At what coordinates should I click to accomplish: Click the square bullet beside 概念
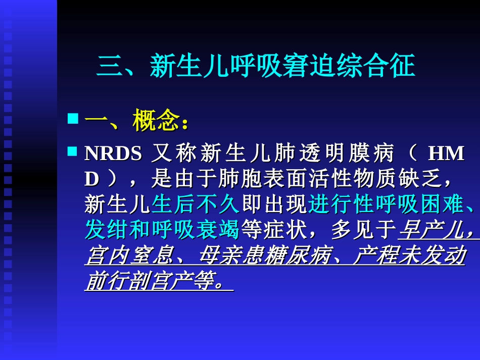(x=73, y=119)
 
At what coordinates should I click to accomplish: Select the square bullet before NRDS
(x=73, y=151)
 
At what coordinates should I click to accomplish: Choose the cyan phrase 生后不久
(x=196, y=204)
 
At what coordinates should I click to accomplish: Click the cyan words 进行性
(x=341, y=204)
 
